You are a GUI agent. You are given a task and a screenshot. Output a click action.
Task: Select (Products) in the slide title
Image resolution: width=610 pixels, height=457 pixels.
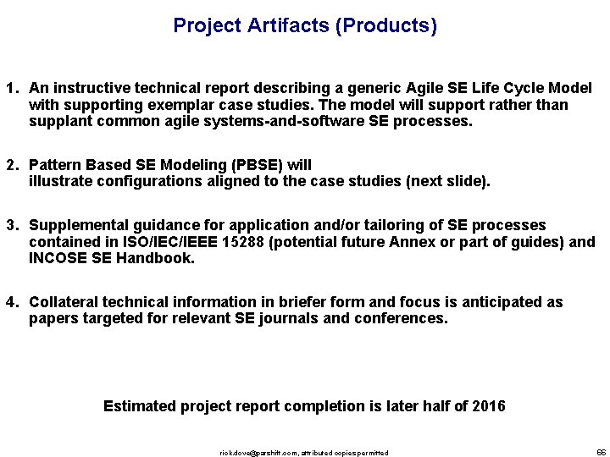pos(386,26)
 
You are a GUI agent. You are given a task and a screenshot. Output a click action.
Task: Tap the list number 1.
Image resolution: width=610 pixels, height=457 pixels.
pos(11,89)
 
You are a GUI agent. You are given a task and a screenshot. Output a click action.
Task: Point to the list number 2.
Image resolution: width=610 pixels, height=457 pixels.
pos(11,165)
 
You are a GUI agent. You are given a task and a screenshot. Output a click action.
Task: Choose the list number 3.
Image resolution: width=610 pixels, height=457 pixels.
pos(11,226)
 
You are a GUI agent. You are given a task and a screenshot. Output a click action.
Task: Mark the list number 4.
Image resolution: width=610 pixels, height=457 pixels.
pos(11,303)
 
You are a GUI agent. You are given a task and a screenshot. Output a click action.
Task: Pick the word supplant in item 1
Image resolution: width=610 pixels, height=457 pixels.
pos(58,122)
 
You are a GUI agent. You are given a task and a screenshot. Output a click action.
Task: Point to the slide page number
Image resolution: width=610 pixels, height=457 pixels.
pos(601,452)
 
